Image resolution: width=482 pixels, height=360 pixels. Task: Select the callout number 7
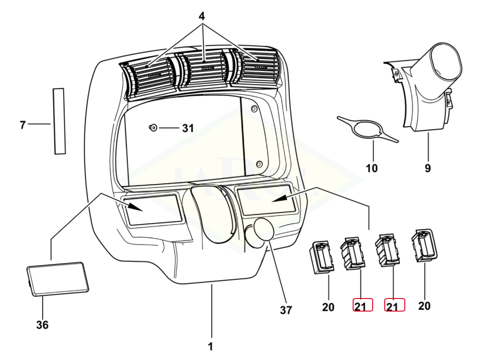tap(22, 124)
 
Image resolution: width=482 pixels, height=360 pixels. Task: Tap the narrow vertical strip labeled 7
tap(59, 121)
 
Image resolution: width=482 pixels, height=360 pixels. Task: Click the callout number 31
tap(187, 128)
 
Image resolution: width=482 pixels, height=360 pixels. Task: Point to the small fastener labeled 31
tap(153, 127)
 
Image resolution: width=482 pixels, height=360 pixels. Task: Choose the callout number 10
tap(372, 168)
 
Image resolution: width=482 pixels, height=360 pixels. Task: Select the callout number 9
tap(428, 168)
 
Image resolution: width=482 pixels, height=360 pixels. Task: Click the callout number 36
tap(42, 325)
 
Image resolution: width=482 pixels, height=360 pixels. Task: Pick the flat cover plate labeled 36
tap(58, 278)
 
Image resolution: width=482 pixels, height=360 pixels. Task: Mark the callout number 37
tap(286, 310)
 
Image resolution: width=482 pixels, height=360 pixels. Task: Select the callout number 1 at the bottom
tap(210, 346)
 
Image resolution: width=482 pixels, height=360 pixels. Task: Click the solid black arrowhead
tap(279, 199)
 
